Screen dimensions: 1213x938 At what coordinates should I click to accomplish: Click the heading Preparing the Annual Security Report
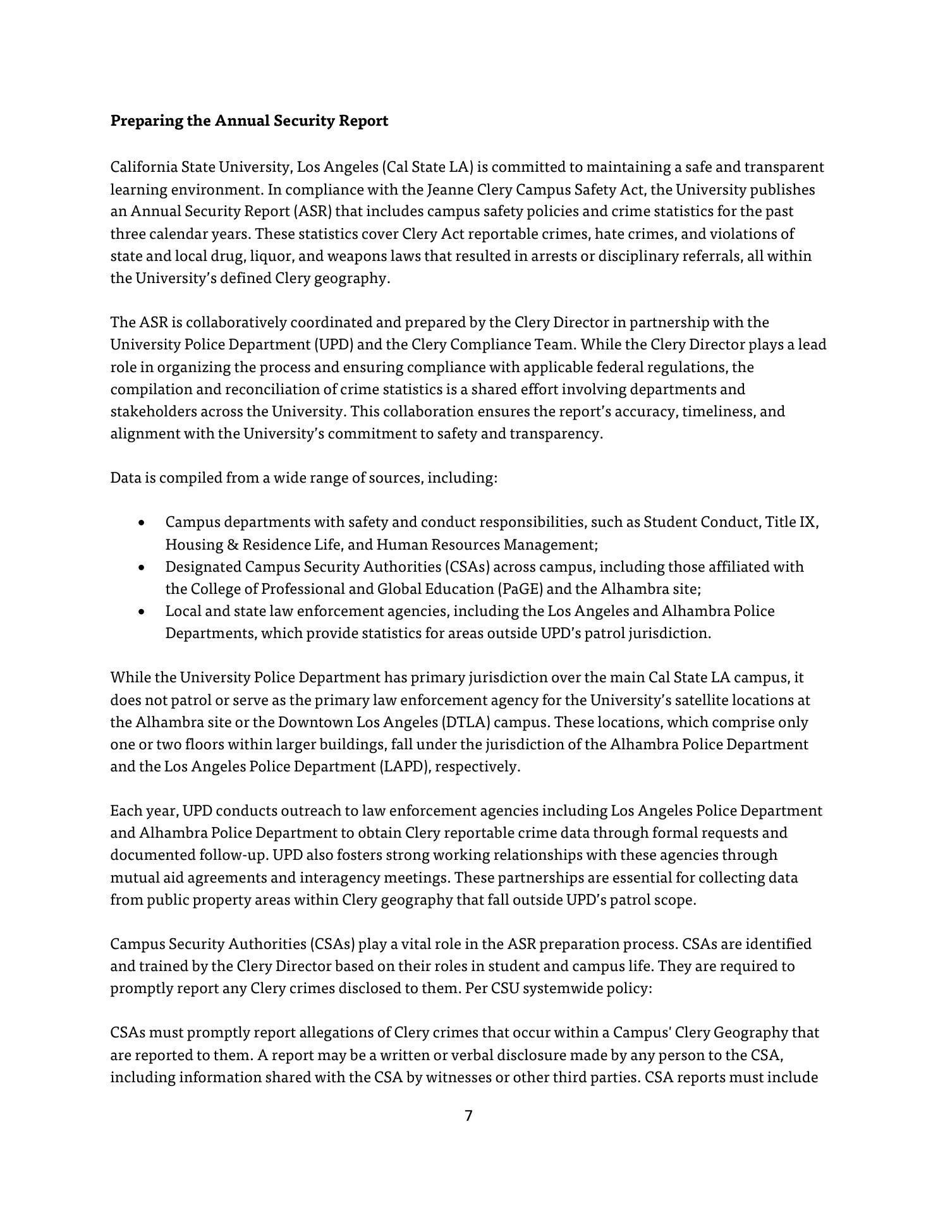[x=249, y=121]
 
